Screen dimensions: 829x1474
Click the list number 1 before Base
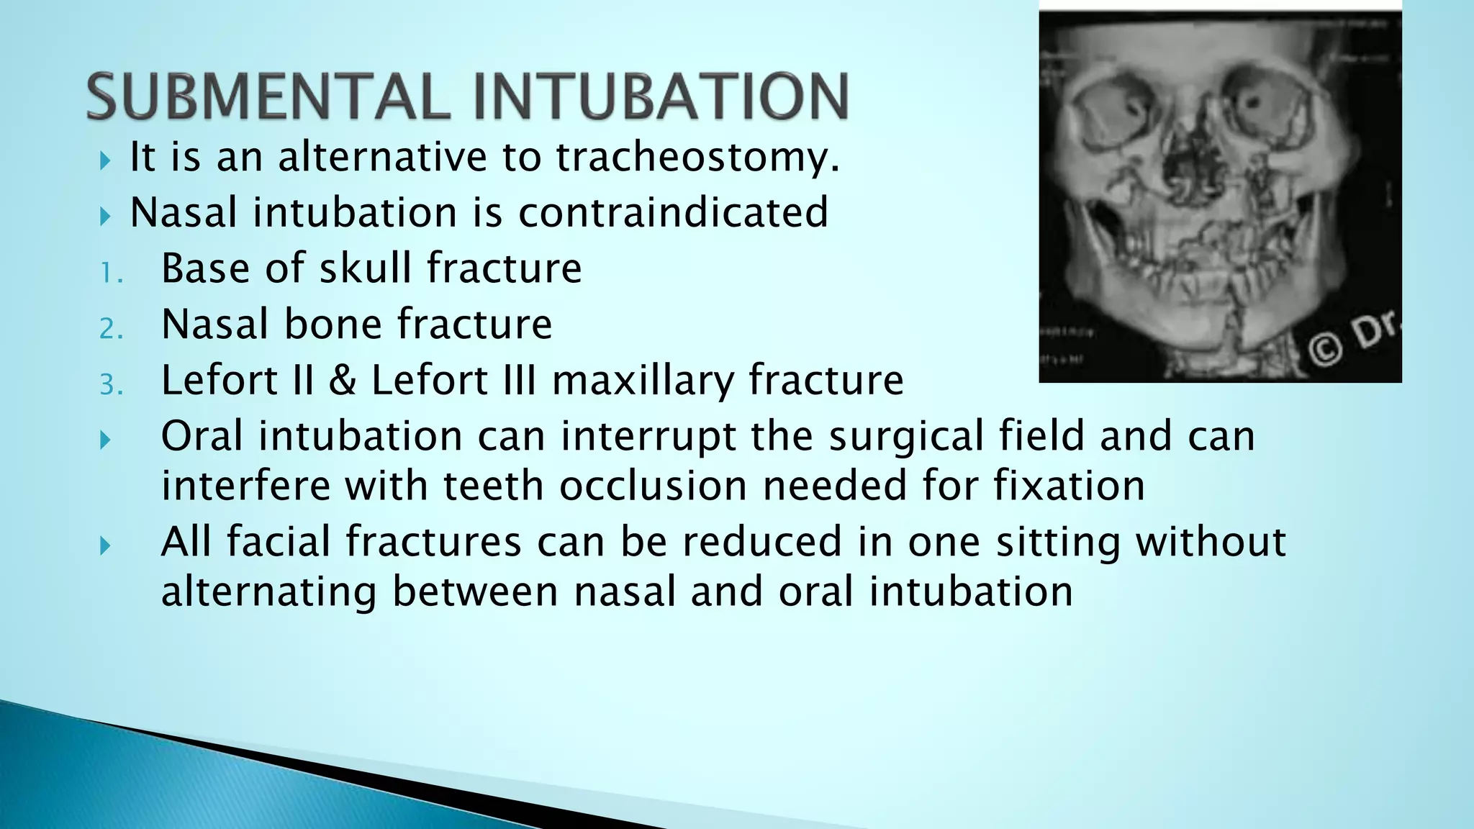click(110, 273)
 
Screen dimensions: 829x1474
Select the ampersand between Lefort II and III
click(343, 381)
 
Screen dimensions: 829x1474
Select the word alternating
click(268, 592)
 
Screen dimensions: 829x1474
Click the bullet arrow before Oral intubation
click(106, 440)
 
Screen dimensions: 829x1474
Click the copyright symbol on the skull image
click(1325, 350)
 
